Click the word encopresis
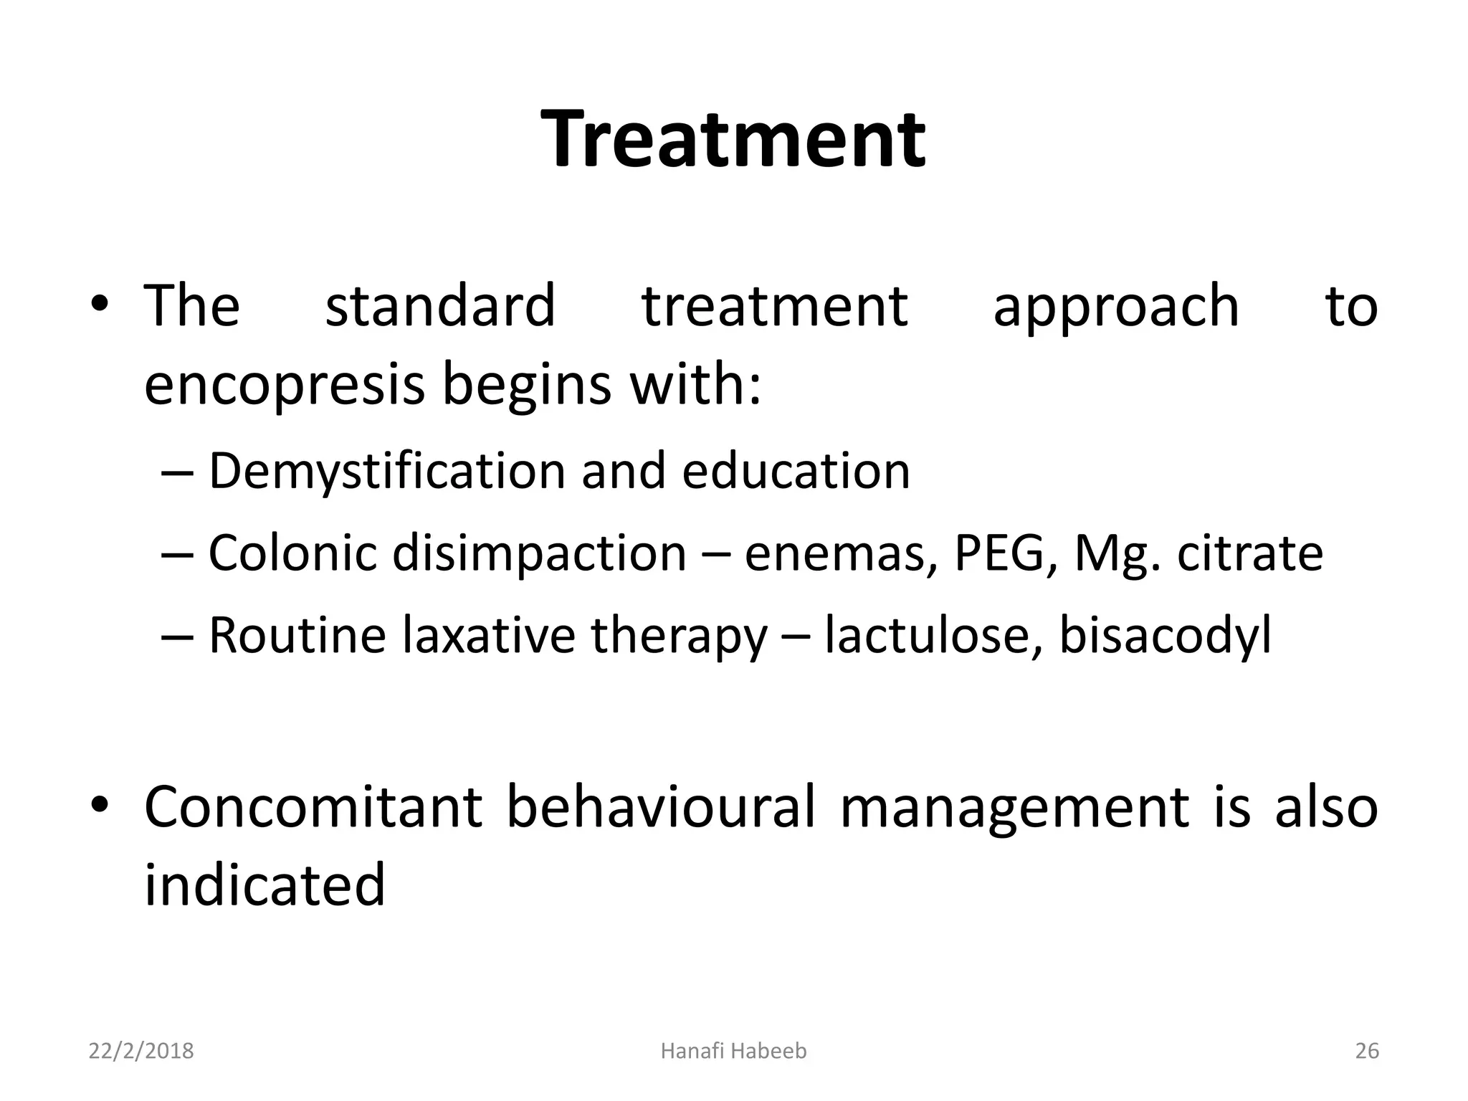click(x=285, y=385)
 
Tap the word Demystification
click(x=388, y=472)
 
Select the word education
click(x=796, y=472)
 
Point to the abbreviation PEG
click(x=998, y=553)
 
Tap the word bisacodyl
click(x=1165, y=637)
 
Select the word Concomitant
click(x=313, y=807)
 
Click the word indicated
click(x=264, y=885)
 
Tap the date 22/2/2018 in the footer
click(x=141, y=1051)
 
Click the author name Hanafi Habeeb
click(x=733, y=1051)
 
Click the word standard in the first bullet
click(x=440, y=306)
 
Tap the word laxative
click(x=488, y=635)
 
